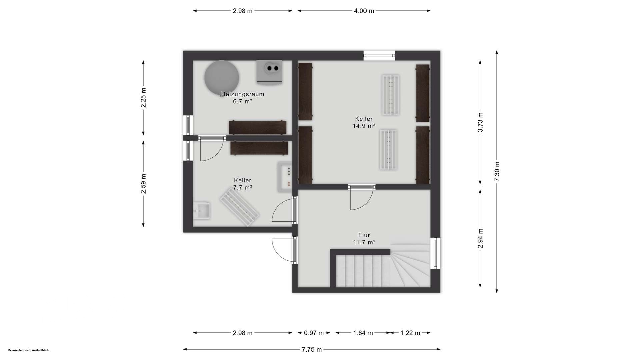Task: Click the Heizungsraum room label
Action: tap(242, 94)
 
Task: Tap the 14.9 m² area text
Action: tap(364, 126)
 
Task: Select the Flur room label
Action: tap(364, 235)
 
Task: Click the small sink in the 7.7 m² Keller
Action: tap(202, 211)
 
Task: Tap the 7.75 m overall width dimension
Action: tap(312, 349)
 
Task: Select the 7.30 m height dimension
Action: tap(497, 172)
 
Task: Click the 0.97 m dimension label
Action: tap(314, 333)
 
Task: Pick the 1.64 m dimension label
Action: tap(363, 333)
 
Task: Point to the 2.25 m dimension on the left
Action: tap(143, 98)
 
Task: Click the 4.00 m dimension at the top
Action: tap(364, 11)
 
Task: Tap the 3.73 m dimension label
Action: tap(480, 122)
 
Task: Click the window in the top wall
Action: tap(379, 55)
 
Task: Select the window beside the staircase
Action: tap(435, 253)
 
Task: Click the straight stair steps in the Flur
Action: tap(363, 271)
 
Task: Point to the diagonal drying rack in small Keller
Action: tap(239, 207)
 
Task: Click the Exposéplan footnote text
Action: tap(28, 350)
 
